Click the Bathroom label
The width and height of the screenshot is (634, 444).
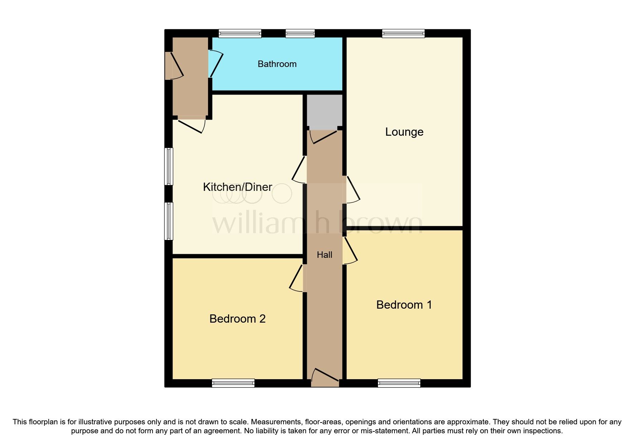277,64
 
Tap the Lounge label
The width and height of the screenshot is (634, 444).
404,132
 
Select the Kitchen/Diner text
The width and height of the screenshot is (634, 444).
237,187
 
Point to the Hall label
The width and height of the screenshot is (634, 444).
325,255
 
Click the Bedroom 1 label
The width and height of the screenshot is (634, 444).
404,305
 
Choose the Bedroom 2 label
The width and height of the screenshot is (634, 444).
237,319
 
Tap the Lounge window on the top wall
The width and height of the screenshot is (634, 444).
403,34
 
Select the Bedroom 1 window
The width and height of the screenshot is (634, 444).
399,383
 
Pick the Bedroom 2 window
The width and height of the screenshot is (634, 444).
233,383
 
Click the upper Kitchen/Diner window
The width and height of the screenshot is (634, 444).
169,166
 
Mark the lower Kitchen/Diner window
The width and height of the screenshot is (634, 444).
169,221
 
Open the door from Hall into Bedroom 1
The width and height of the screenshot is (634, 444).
350,251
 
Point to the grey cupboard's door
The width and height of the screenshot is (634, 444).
323,136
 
